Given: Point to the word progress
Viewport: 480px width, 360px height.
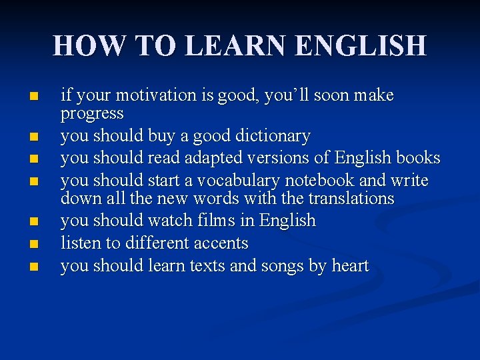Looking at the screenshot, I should click(92, 114).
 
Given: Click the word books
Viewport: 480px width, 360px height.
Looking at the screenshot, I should click(418, 158).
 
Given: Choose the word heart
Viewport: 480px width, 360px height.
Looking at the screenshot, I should click(350, 266).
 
